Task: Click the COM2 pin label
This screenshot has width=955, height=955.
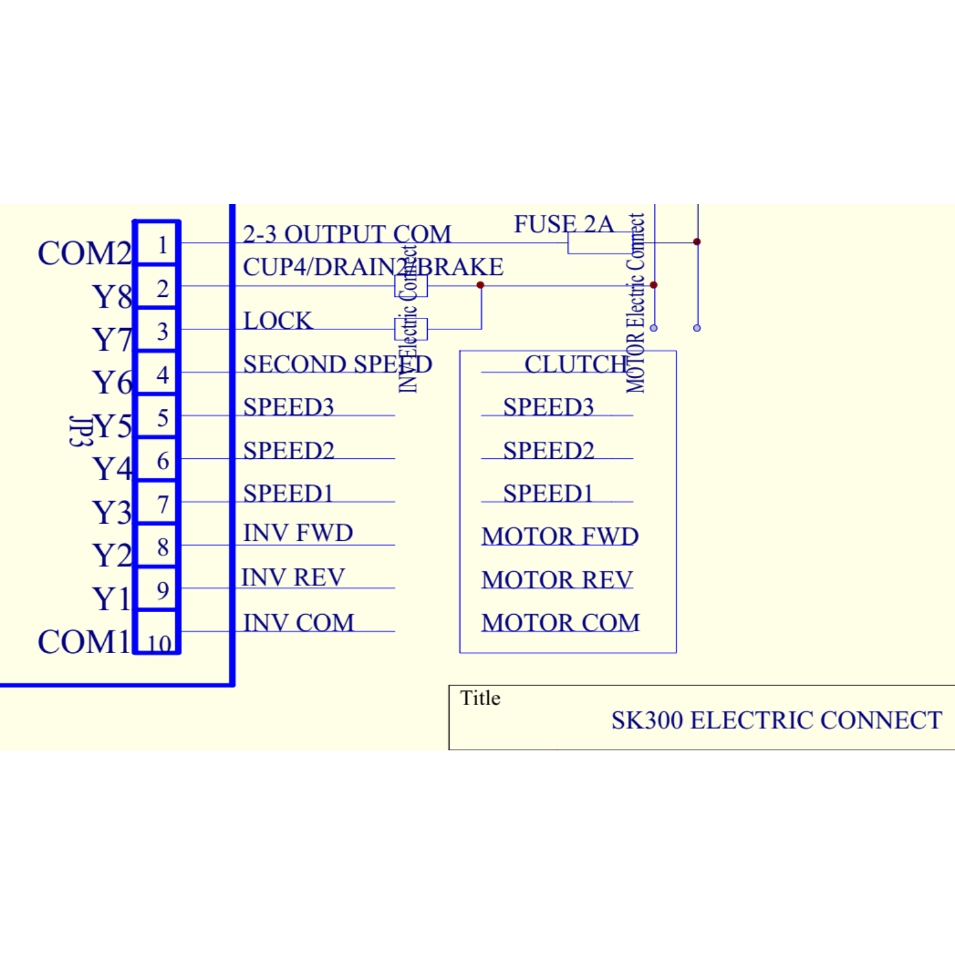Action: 84,253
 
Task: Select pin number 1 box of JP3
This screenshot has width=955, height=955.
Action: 157,244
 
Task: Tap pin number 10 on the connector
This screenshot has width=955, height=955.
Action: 158,642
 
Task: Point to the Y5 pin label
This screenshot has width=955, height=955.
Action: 113,426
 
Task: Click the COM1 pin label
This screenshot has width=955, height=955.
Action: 84,642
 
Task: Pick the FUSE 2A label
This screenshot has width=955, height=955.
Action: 563,224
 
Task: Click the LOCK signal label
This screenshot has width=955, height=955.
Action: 277,321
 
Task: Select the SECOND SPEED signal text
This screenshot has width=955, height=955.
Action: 337,364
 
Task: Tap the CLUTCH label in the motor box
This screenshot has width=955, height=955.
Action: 576,364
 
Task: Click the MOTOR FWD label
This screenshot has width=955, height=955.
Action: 560,536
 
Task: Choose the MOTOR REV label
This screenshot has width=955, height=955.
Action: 557,580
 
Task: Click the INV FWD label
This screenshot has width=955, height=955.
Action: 298,533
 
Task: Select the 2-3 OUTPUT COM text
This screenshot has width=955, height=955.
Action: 346,234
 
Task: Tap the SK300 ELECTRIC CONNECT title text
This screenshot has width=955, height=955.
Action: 776,720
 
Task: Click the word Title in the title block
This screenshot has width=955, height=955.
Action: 480,698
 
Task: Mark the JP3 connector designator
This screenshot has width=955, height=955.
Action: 81,431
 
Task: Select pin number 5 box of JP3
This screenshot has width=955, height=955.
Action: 157,418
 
